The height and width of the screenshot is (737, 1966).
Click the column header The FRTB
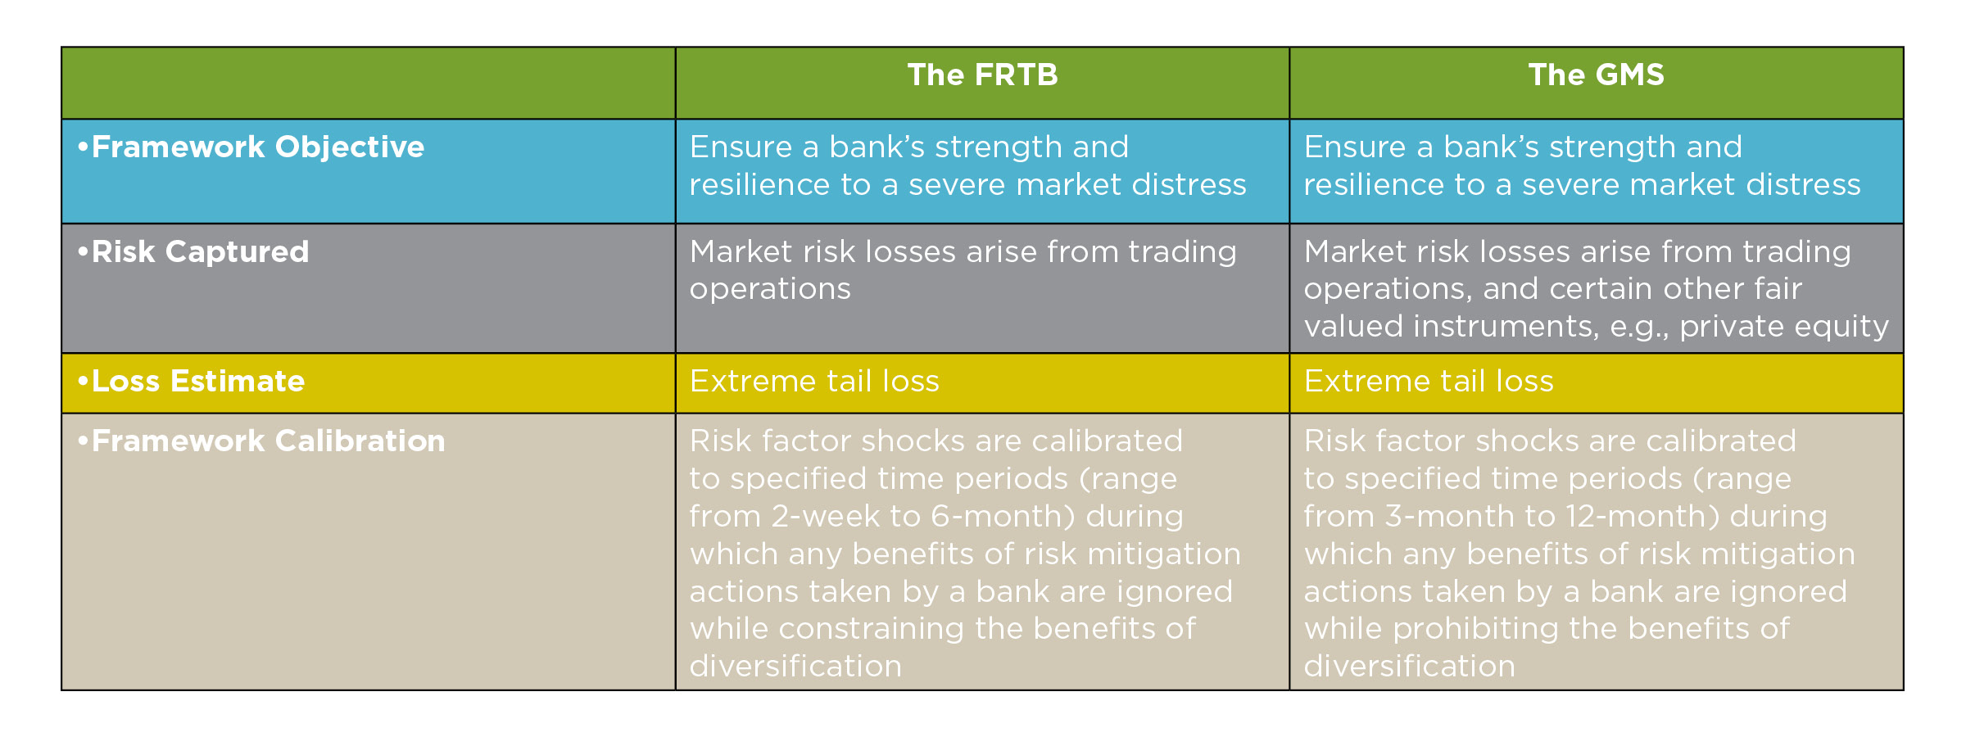982,75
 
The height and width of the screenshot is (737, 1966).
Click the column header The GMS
1596,75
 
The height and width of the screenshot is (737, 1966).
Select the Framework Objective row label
251,147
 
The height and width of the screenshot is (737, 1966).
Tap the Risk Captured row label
193,251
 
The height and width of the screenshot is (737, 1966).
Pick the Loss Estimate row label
191,381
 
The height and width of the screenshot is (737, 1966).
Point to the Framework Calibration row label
261,441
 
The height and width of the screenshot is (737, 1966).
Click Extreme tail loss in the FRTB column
814,381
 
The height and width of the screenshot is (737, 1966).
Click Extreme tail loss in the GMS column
1429,381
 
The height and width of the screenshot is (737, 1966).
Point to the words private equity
1784,327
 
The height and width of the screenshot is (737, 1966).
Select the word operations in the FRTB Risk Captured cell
770,289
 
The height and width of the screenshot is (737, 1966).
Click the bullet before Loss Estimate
83,381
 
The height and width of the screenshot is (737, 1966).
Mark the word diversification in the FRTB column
795,666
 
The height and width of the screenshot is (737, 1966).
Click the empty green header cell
369,83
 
